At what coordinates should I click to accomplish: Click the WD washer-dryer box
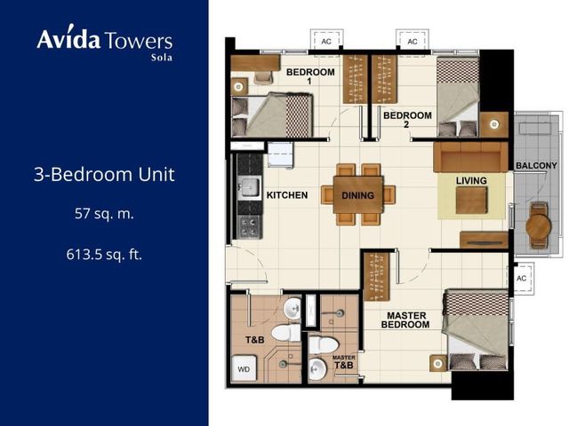point(244,368)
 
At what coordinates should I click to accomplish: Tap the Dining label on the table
point(357,195)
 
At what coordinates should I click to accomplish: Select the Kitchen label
point(287,195)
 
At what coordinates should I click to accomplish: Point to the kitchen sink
point(250,187)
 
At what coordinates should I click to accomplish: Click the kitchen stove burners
point(250,226)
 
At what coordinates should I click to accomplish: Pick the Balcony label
point(536,166)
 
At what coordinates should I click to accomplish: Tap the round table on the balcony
point(539,225)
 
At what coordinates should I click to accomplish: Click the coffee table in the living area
point(471,201)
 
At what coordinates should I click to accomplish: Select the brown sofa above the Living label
point(471,156)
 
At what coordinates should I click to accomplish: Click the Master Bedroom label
point(405,320)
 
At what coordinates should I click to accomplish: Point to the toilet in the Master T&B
point(324,344)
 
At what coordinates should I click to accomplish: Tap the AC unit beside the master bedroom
point(521,278)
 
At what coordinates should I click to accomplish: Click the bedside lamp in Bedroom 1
point(238,87)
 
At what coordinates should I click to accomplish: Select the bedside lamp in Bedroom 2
point(494,124)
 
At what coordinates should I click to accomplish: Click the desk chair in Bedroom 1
point(263,77)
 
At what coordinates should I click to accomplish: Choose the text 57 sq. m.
point(104,214)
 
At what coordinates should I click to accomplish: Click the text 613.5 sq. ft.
point(104,255)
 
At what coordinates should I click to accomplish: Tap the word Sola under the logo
point(162,57)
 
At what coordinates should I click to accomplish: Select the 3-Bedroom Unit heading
point(105,174)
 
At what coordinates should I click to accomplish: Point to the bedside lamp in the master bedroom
point(438,363)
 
